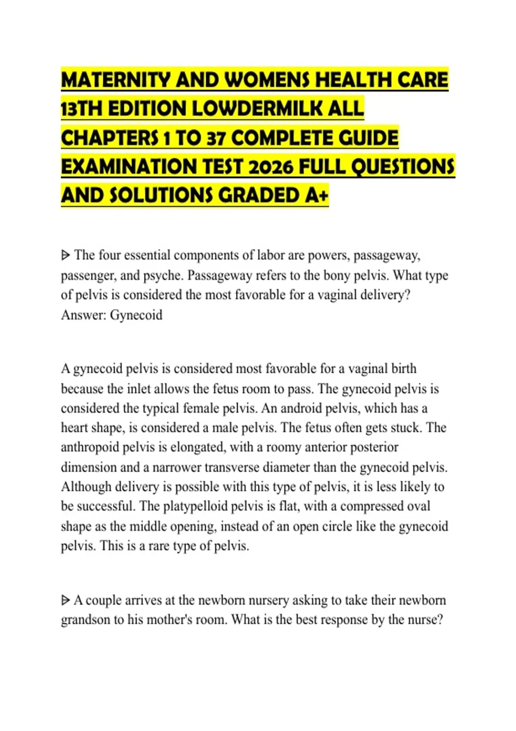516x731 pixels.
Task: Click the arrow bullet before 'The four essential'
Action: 65,255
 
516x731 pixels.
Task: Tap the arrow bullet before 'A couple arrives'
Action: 65,600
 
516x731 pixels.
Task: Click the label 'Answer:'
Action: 83,315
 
